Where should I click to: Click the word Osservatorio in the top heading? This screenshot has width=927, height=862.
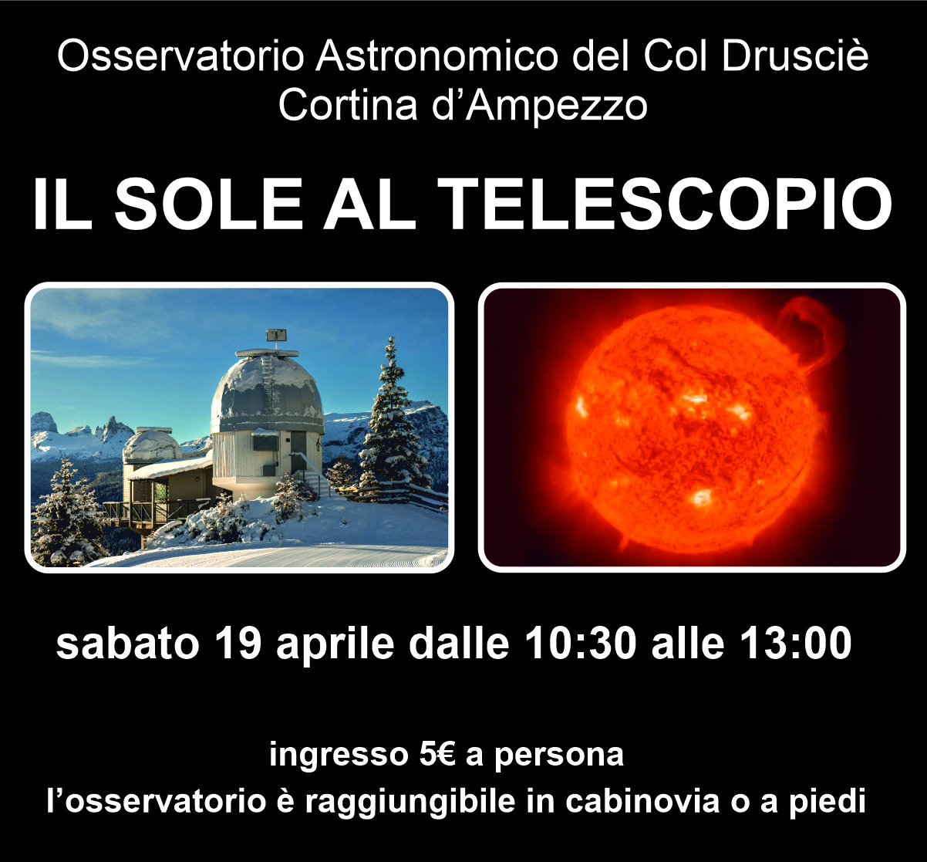(x=180, y=56)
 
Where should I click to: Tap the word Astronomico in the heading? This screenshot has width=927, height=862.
(x=437, y=56)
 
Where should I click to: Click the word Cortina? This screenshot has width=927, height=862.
(x=347, y=105)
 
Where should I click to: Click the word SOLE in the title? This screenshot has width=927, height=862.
(x=208, y=204)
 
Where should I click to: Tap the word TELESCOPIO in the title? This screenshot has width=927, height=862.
(x=665, y=204)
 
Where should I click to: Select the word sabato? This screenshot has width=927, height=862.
(x=127, y=644)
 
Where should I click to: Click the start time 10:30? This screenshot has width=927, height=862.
(x=580, y=644)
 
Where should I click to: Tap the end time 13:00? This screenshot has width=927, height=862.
(x=796, y=644)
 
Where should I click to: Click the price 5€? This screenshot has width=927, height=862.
(x=437, y=755)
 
